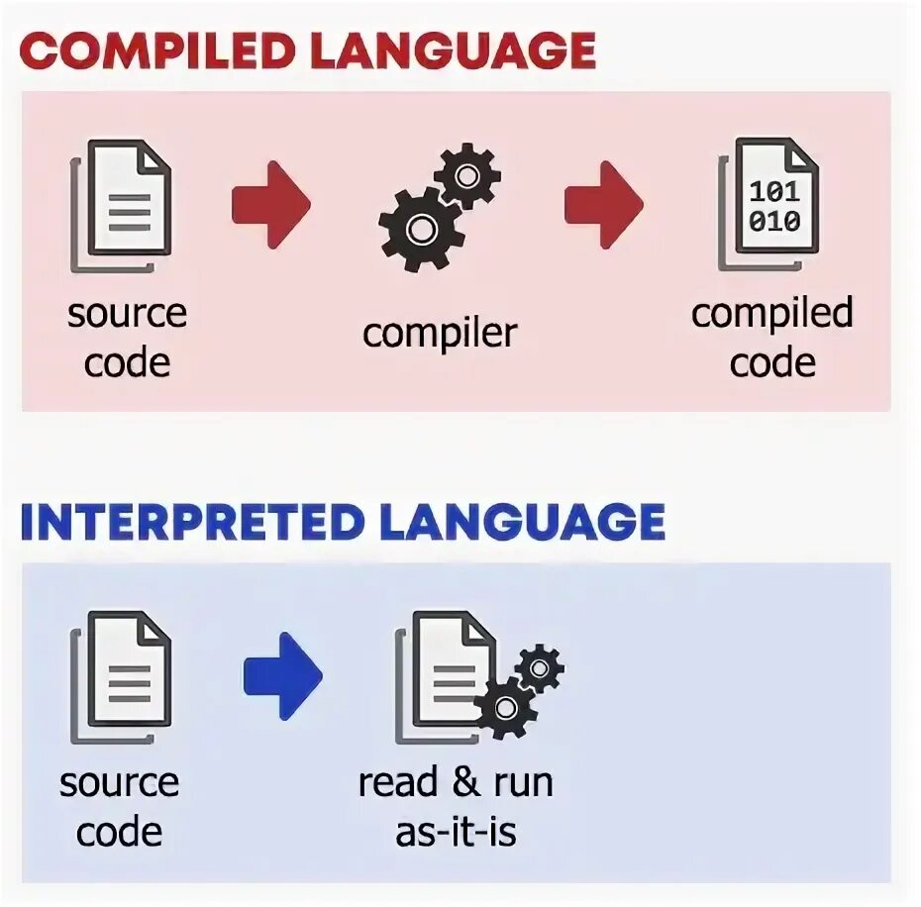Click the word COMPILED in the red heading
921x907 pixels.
[x=159, y=50]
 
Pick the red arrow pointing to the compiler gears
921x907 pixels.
[x=270, y=204]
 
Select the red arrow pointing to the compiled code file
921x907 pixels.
[x=603, y=204]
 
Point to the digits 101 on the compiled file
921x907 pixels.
[x=774, y=190]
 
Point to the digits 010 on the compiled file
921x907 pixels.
[x=774, y=220]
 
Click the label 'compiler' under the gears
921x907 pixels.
[x=440, y=333]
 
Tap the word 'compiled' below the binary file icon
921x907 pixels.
[x=771, y=314]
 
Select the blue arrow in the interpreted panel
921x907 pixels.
[x=282, y=676]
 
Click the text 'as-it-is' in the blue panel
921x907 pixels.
[x=456, y=832]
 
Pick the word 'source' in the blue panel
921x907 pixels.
[x=119, y=783]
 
